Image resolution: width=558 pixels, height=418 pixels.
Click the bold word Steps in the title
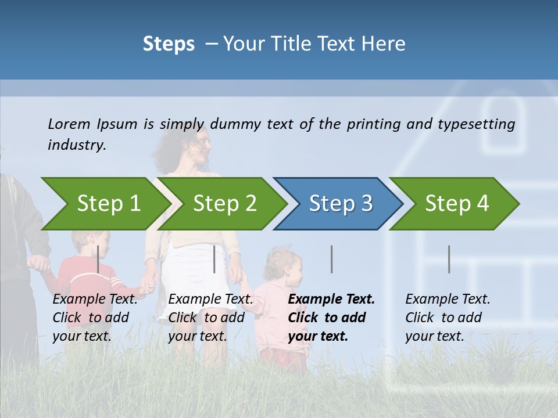pos(169,44)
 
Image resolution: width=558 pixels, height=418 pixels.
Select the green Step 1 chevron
pos(105,204)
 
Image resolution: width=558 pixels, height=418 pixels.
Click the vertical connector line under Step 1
pos(98,259)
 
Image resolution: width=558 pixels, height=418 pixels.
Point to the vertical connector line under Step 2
pos(214,259)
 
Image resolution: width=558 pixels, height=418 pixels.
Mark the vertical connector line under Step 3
pos(332,259)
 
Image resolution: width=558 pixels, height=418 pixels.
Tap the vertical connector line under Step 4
pos(449,259)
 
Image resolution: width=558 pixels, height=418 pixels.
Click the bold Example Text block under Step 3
pos(331,318)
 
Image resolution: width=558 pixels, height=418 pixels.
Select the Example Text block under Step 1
pos(95,318)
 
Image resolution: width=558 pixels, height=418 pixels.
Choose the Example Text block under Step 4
pos(447,318)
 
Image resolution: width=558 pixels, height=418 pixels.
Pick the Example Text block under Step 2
pos(210,318)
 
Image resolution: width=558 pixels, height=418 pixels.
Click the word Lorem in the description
pos(69,124)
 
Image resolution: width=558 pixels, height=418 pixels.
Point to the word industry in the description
pos(76,145)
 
